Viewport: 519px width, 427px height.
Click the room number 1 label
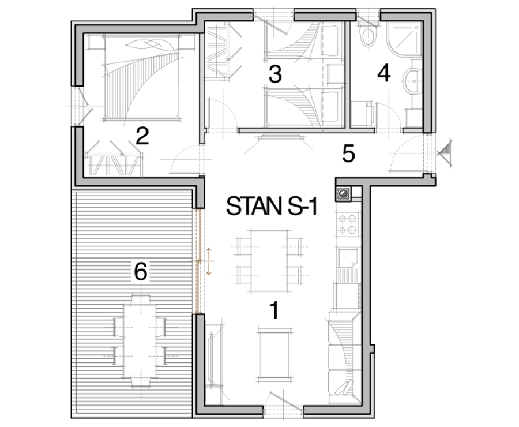[274, 310]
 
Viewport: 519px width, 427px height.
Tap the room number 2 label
[142, 136]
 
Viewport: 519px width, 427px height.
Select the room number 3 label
[275, 74]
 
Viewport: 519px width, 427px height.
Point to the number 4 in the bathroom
[384, 73]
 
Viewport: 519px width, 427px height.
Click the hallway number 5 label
[348, 153]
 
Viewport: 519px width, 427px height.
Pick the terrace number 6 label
[141, 271]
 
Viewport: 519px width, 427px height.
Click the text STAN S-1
[272, 206]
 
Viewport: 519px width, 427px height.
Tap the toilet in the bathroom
[368, 36]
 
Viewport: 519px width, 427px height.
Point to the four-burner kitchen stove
[348, 224]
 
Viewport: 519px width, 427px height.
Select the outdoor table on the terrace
[141, 339]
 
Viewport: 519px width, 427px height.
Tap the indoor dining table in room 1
[269, 262]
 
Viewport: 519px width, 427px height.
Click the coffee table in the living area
[274, 354]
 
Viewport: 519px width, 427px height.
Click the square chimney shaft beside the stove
[343, 193]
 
